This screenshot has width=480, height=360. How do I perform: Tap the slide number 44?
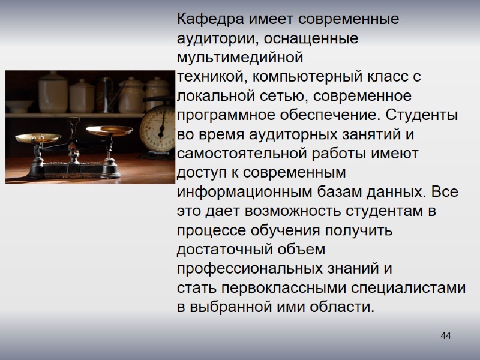445,335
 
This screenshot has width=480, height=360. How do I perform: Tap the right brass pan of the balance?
109,129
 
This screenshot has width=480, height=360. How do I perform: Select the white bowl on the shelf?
20,106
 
